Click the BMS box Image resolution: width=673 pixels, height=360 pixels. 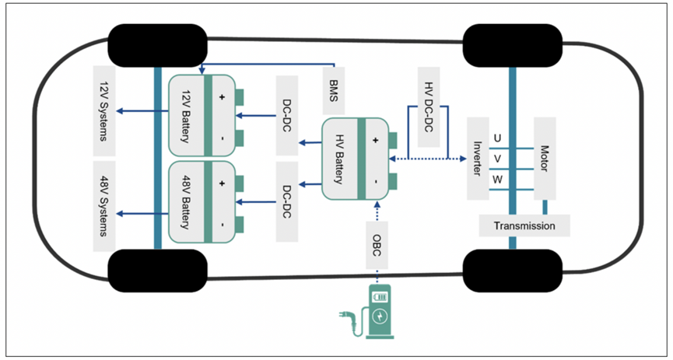pos(335,88)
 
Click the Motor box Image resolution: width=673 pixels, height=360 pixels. pos(544,158)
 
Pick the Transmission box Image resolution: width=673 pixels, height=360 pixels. pos(524,226)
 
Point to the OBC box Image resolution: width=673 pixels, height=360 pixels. pos(377,243)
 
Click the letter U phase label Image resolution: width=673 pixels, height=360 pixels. pos(498,138)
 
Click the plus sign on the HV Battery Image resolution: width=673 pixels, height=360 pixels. pos(376,141)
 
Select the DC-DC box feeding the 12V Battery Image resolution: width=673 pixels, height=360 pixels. pos(287,115)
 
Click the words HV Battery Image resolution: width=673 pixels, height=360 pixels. pos(339,159)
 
